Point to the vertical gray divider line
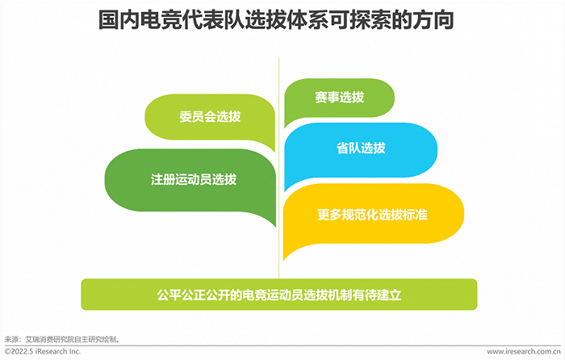click(280, 161)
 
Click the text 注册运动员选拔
click(194, 179)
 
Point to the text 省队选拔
click(361, 149)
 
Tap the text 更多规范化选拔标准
click(371, 216)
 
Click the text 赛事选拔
click(339, 98)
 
